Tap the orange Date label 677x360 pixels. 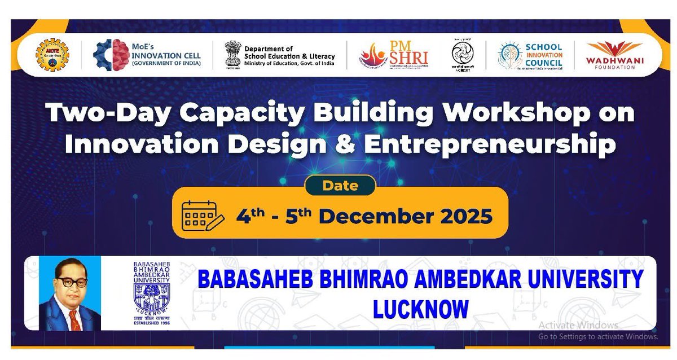pos(340,185)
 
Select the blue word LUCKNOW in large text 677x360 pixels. pos(420,309)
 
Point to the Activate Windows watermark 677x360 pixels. pos(578,325)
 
